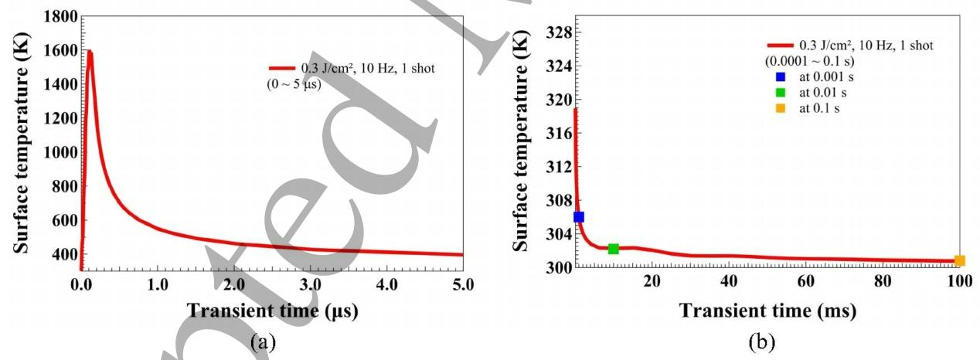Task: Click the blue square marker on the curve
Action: [x=578, y=217]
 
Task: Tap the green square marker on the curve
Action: [x=613, y=249]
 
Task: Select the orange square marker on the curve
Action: [x=959, y=261]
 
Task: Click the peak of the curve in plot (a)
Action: [x=90, y=53]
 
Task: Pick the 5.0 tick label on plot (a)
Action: [x=462, y=284]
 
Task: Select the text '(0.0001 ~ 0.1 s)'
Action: [x=808, y=61]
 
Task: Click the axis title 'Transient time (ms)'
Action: [x=767, y=311]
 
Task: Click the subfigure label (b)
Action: [x=767, y=340]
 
